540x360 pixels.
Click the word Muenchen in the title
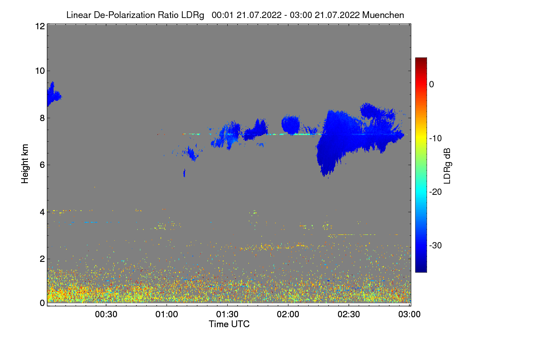(x=383, y=15)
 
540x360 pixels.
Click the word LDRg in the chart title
(x=193, y=15)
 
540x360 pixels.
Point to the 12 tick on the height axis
(x=40, y=26)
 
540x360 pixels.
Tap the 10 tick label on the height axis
(x=40, y=71)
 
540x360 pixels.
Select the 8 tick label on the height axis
(x=42, y=118)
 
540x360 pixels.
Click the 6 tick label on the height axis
(x=42, y=165)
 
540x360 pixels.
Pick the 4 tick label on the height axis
(x=42, y=212)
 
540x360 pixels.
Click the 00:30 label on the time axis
(x=106, y=315)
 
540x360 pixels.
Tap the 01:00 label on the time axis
(x=166, y=315)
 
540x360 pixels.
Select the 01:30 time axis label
(x=227, y=315)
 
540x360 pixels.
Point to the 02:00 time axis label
(x=288, y=315)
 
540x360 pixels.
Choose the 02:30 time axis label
(x=349, y=315)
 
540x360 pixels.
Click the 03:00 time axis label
(x=409, y=315)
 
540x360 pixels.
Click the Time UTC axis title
(x=229, y=324)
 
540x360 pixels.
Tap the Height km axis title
(x=25, y=164)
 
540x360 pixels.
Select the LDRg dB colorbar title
(x=447, y=166)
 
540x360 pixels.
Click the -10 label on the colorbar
(x=436, y=139)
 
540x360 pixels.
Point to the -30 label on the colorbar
(x=436, y=245)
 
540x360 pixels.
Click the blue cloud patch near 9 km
(x=54, y=95)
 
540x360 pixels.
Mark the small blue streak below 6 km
(x=184, y=173)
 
